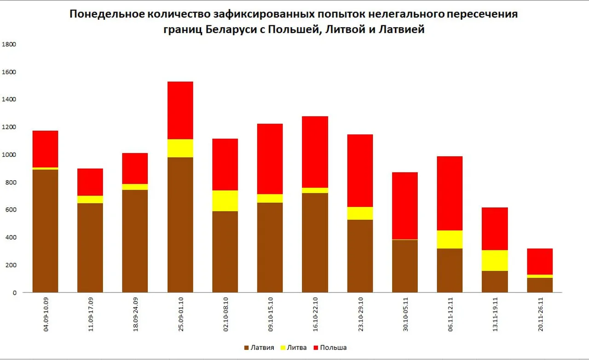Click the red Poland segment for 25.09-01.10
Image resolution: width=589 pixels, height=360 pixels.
[x=180, y=110]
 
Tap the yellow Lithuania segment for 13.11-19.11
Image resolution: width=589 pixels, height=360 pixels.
[x=495, y=260]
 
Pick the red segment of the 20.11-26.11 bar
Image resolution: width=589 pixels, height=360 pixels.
[x=540, y=261]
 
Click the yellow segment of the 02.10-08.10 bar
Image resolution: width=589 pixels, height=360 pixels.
[x=225, y=200]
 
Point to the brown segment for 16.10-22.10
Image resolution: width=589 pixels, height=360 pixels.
[x=315, y=242]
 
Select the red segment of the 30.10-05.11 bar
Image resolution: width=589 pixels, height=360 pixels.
[x=405, y=206]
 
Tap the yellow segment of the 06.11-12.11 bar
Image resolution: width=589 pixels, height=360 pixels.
[x=450, y=239]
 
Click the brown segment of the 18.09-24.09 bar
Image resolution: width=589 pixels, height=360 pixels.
[x=135, y=241]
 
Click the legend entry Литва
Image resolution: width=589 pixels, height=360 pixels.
[x=296, y=348]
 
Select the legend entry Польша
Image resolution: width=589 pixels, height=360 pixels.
[x=333, y=348]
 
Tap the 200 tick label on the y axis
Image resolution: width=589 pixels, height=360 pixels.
[x=11, y=265]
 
